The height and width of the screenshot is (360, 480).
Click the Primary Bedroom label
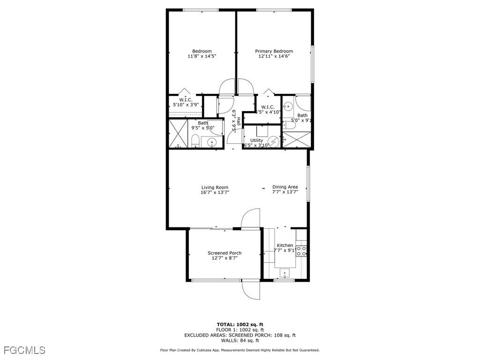coord(274,51)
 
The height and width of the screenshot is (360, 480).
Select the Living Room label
coord(215,187)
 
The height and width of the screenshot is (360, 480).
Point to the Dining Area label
coord(285,187)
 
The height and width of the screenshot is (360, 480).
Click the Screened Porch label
coord(225,253)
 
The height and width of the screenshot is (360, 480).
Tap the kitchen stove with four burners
coord(301,251)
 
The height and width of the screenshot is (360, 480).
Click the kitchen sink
coord(285,272)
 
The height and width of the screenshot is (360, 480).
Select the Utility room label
coord(256,140)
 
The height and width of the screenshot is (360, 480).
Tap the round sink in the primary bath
coord(289,106)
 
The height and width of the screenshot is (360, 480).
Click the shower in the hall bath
coord(178,134)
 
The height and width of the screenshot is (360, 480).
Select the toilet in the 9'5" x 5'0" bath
coord(195,141)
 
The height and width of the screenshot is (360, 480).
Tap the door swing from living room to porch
coord(250,218)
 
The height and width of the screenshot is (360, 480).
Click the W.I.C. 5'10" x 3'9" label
coord(186,102)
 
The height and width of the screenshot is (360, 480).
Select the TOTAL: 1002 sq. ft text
coord(240,324)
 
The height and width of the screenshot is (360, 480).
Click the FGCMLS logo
coord(25,350)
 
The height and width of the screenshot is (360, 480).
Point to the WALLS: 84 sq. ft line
coord(240,341)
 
